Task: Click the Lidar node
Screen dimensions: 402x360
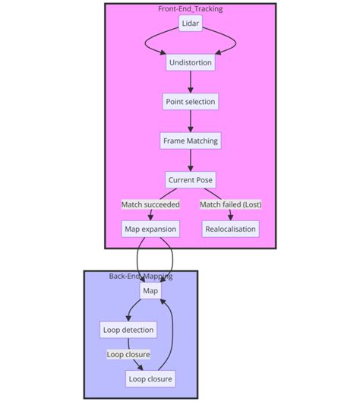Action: pos(190,24)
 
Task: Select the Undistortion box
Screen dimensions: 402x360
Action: pos(190,62)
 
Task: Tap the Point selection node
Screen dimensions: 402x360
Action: pos(190,101)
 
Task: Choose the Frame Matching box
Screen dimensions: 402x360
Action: pos(190,141)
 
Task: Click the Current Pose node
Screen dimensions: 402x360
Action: pos(190,180)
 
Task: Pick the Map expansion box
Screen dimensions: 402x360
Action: pos(150,228)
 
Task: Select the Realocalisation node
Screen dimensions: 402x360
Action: pos(231,228)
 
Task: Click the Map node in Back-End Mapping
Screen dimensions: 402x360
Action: pos(150,290)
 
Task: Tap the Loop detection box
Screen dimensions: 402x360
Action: pos(128,329)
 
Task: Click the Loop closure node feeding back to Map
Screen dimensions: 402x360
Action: pos(150,378)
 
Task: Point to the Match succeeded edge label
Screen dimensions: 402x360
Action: pos(150,204)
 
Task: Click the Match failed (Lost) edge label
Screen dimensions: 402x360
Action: pos(231,204)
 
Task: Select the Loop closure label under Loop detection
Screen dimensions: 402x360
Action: pos(128,354)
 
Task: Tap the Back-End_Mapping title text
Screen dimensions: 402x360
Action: pos(141,276)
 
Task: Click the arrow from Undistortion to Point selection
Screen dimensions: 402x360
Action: pos(190,82)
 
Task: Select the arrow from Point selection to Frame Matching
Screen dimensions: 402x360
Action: pos(190,121)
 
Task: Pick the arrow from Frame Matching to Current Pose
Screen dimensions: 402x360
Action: pos(190,160)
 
